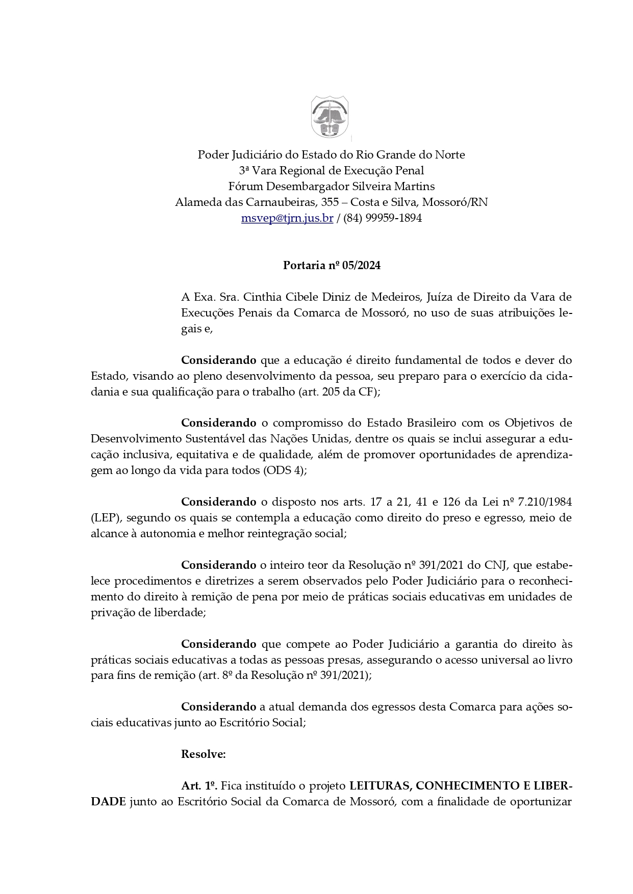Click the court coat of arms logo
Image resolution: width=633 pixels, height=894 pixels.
pyautogui.click(x=330, y=117)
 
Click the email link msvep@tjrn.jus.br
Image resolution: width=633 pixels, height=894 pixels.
pyautogui.click(x=287, y=218)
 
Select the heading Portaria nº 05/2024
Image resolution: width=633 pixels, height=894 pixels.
pyautogui.click(x=332, y=266)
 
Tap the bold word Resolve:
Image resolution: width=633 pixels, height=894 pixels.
pyautogui.click(x=204, y=754)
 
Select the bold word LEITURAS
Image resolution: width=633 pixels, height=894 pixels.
pyautogui.click(x=377, y=786)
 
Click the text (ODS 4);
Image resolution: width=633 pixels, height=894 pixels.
pyautogui.click(x=286, y=470)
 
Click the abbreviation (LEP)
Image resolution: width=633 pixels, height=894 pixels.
pyautogui.click(x=106, y=518)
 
